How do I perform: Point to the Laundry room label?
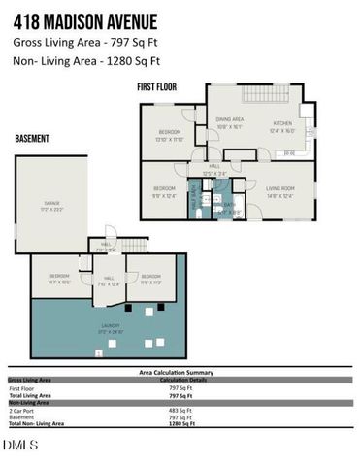point(109,328)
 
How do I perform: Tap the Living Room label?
point(280,189)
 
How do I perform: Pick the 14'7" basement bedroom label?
point(59,280)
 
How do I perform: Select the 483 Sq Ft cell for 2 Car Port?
point(181,411)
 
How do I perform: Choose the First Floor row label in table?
point(21,388)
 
